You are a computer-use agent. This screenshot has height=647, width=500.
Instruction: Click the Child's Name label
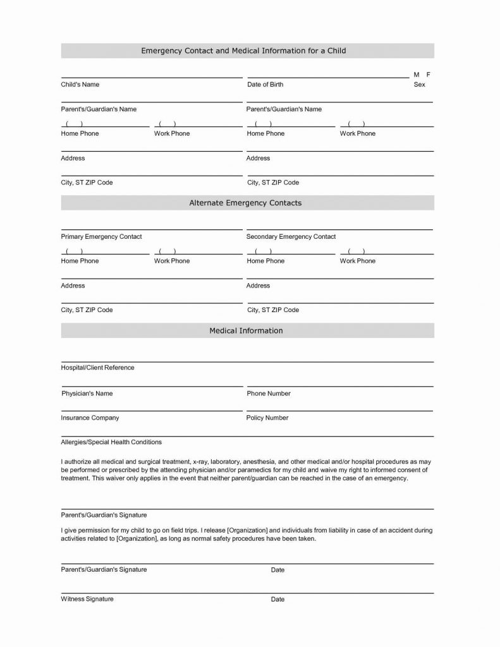pos(80,85)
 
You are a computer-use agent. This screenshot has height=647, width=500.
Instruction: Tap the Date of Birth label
pos(265,85)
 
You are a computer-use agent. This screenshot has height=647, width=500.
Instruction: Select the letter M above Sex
pos(417,75)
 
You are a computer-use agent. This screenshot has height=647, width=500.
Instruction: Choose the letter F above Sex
pos(428,75)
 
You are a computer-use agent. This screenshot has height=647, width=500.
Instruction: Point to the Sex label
pos(419,85)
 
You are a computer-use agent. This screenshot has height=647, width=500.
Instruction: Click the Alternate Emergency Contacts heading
pos(245,203)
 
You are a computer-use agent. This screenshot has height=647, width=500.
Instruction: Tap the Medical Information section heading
pos(246,330)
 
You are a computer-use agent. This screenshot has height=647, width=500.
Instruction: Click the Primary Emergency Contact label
pos(101,237)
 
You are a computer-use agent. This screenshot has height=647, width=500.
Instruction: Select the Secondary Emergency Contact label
pos(291,237)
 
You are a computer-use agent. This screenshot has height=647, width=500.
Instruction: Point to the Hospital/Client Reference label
pos(97,368)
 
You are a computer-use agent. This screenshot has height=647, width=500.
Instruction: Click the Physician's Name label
pos(87,394)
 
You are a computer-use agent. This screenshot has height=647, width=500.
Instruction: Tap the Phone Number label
pos(269,394)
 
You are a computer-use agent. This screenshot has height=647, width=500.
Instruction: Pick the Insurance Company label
pos(90,418)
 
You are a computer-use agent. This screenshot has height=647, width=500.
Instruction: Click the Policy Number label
pos(267,418)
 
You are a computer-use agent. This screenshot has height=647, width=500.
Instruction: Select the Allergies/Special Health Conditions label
pos(111,442)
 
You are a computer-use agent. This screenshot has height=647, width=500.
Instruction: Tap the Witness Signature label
pos(87,599)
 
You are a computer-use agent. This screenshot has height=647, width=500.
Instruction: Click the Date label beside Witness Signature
pos(277,600)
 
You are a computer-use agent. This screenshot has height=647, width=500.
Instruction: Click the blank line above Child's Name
pos(152,78)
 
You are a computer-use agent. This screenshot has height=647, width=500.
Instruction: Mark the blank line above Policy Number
pos(339,411)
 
